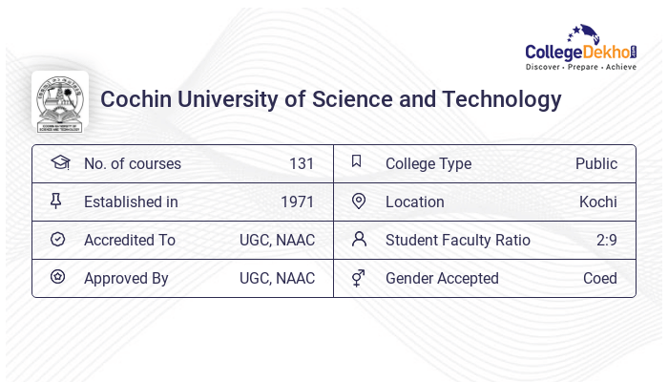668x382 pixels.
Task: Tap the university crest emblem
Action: tap(60, 100)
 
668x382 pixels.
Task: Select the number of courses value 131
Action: tap(302, 163)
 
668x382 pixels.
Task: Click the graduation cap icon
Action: tap(59, 162)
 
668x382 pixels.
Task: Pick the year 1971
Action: tap(298, 202)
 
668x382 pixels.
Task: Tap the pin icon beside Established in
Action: tap(56, 201)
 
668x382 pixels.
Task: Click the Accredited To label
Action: tap(130, 240)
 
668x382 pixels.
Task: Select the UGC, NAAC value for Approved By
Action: tap(277, 278)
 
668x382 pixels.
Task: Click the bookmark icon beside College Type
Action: tap(356, 161)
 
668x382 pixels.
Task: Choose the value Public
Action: tap(596, 163)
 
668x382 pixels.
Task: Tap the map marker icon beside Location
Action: tap(359, 201)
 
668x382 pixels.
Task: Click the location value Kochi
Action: tap(598, 202)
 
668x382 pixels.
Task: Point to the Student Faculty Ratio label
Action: tap(458, 240)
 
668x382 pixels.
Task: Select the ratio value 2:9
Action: tap(607, 240)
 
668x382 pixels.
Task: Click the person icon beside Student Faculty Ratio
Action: tap(359, 239)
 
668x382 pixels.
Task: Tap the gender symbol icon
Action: tap(358, 278)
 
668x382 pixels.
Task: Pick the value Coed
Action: tap(600, 278)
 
